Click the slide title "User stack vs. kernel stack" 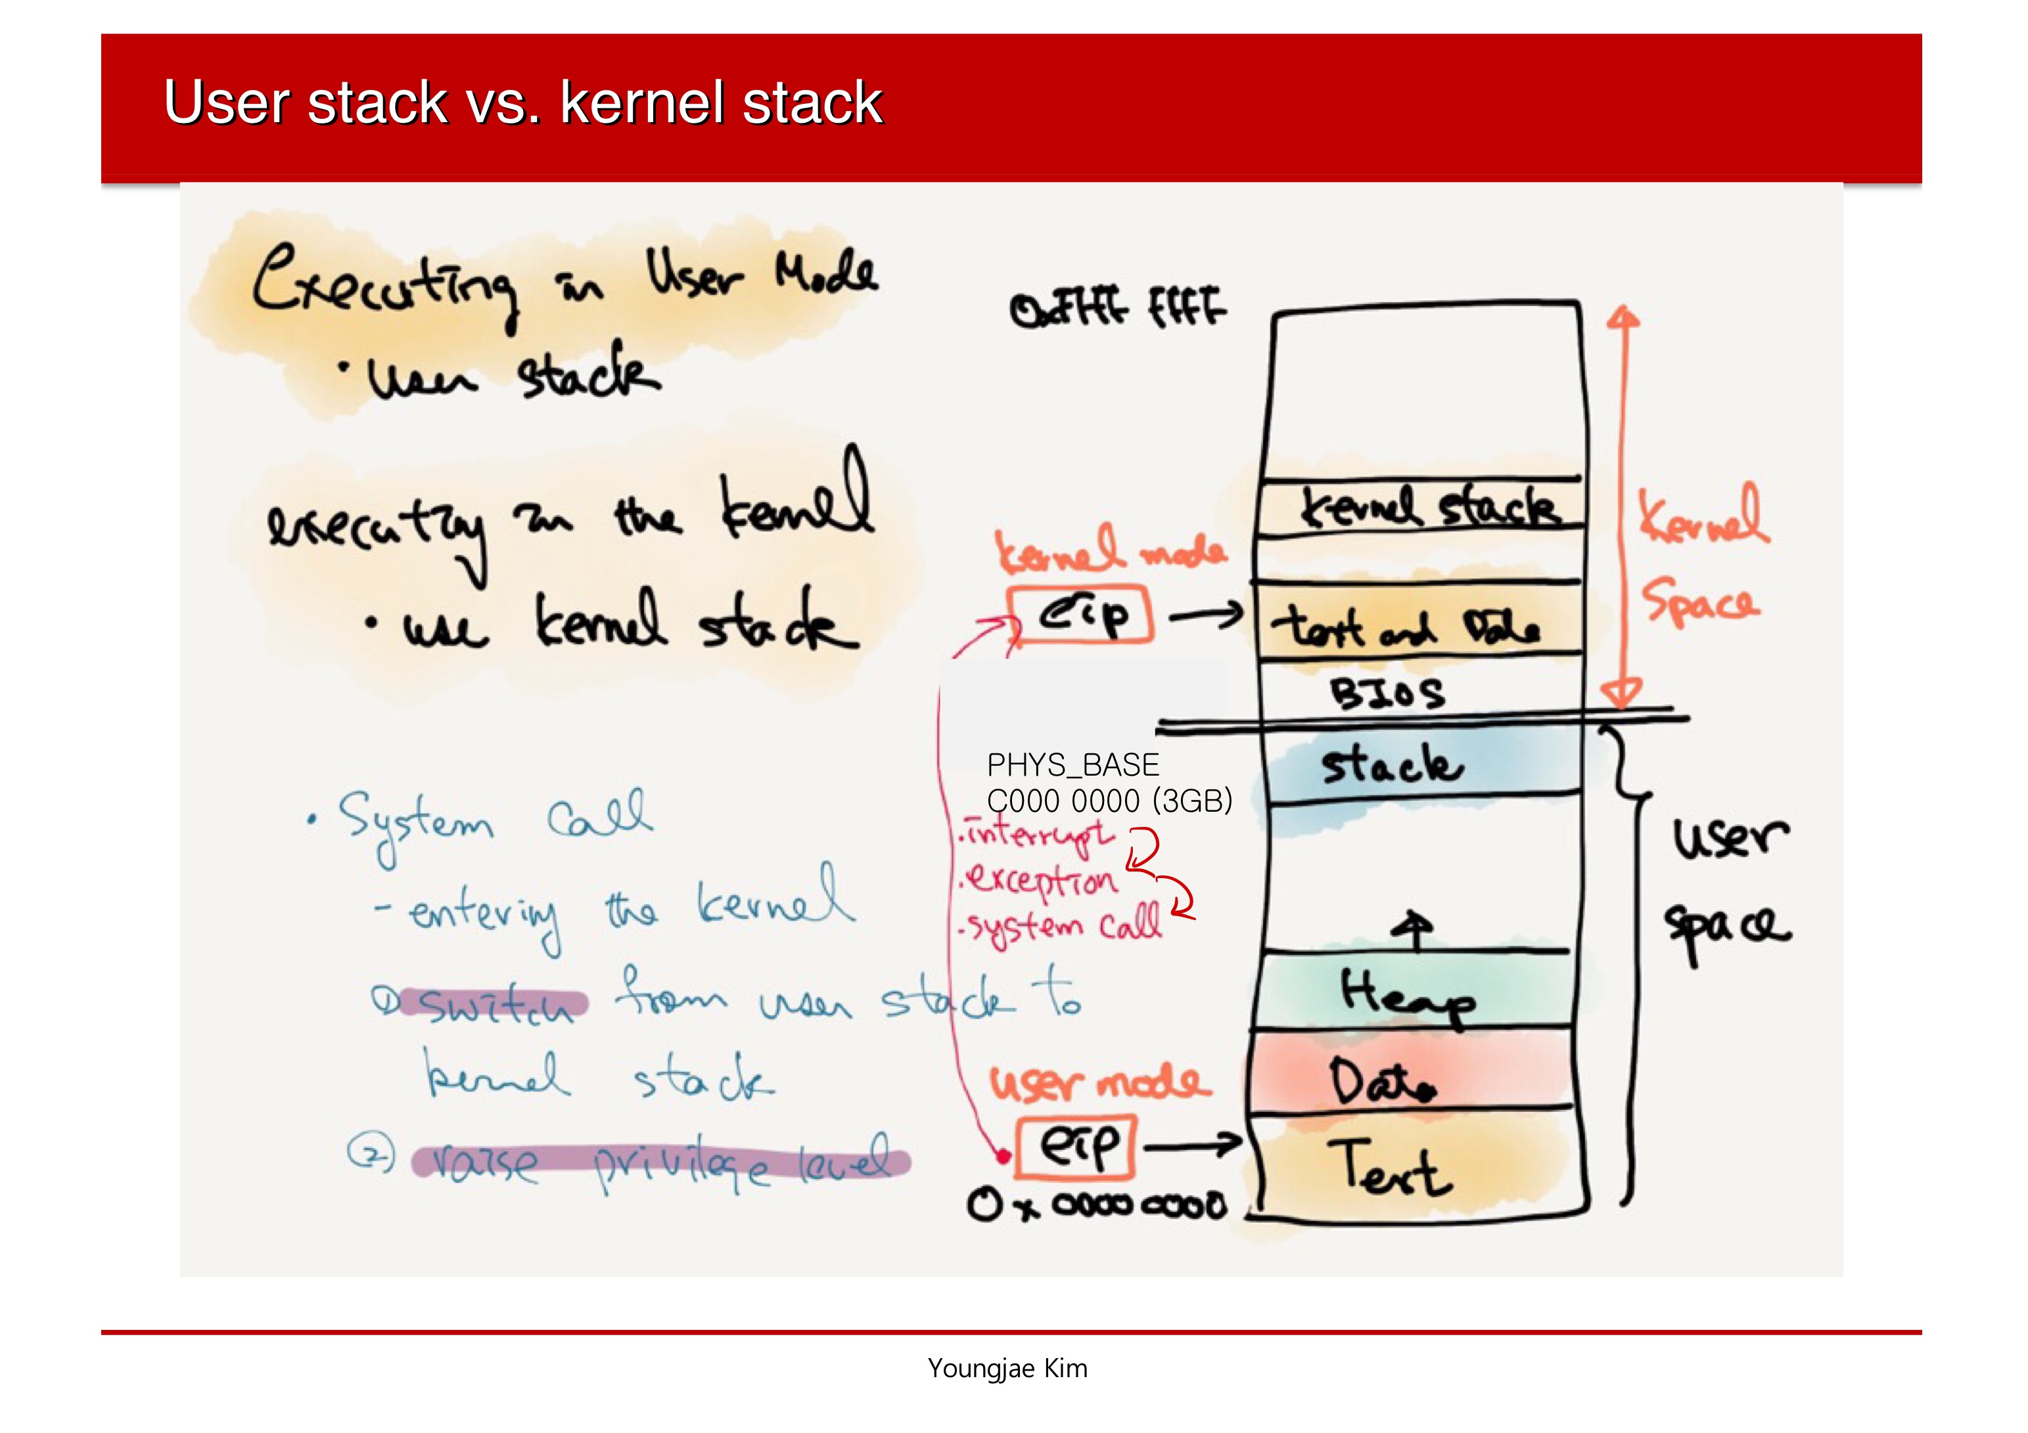[523, 102]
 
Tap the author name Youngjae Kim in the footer [1007, 1368]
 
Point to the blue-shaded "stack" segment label [1391, 764]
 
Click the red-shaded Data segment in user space [1381, 1081]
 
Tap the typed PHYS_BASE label [1072, 764]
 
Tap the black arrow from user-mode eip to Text [1193, 1145]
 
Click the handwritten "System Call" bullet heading [495, 820]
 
